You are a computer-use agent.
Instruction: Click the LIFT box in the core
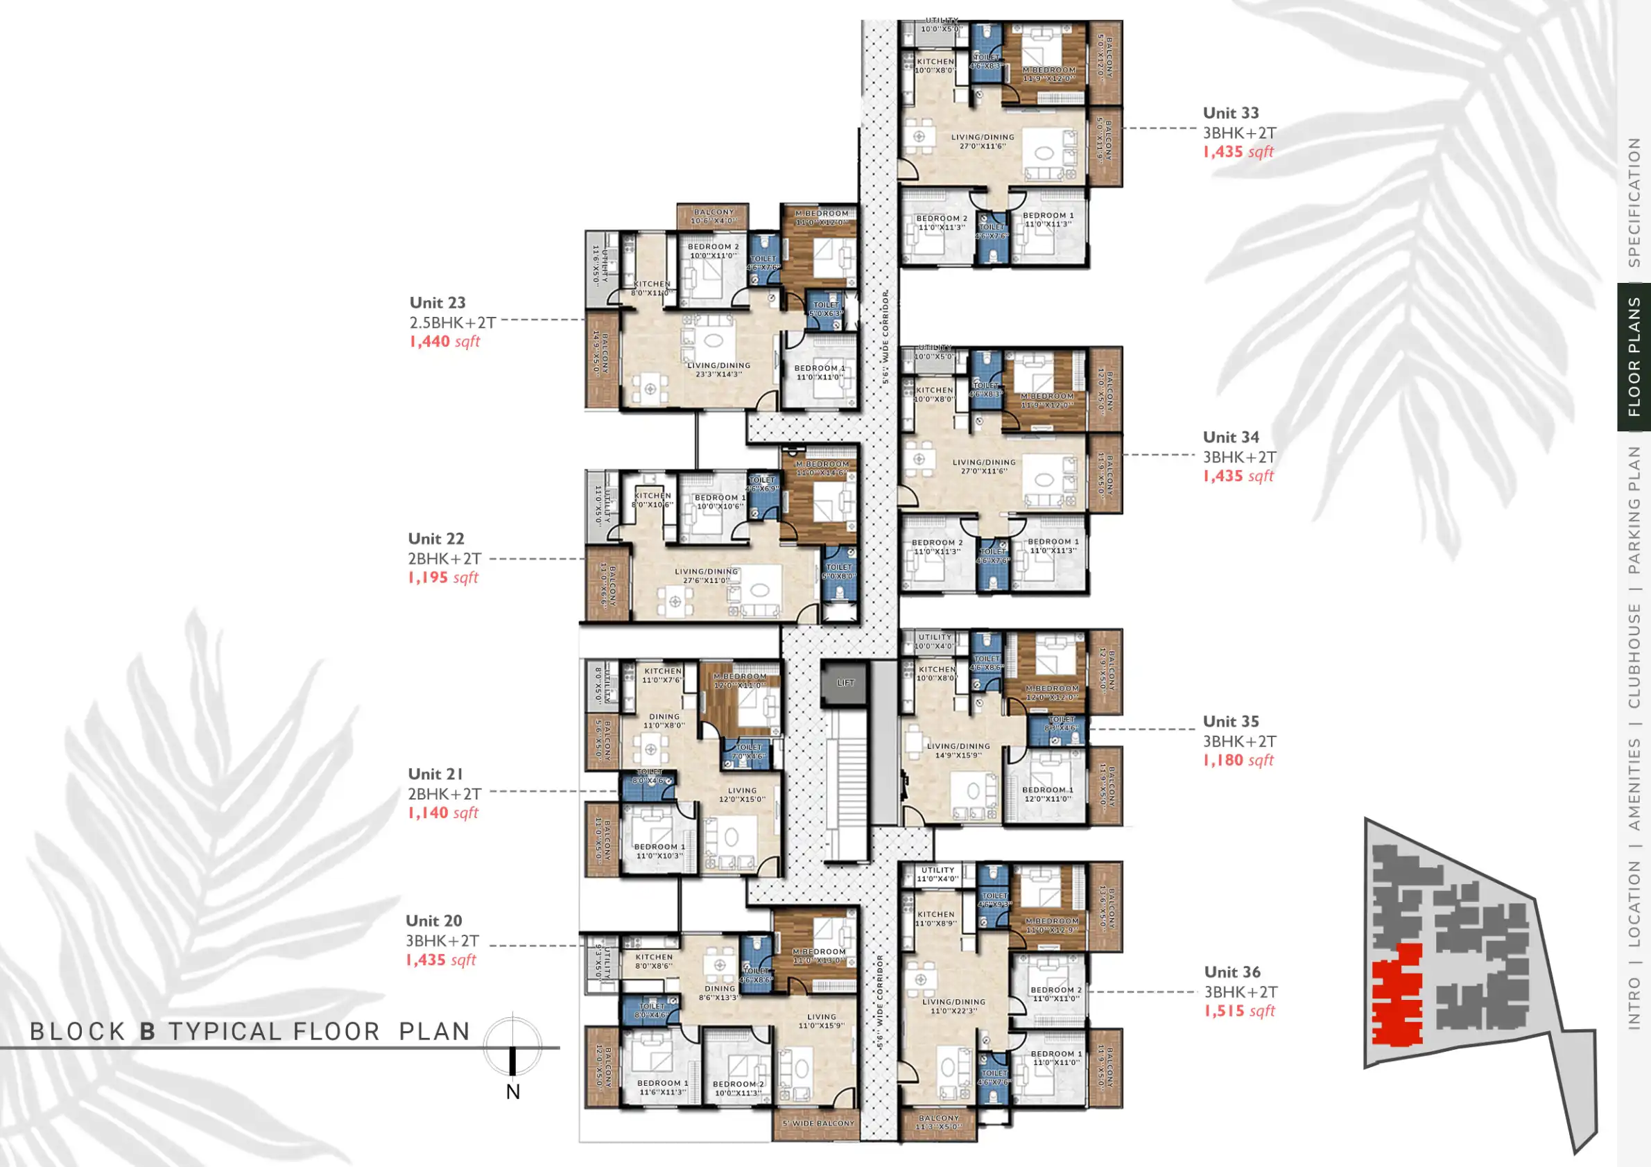click(846, 682)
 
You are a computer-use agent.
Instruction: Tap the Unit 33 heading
click(1230, 113)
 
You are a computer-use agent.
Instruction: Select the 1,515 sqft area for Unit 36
click(1239, 1010)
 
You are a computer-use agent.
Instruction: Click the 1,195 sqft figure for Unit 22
click(442, 578)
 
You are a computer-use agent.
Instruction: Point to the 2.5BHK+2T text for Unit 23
click(452, 322)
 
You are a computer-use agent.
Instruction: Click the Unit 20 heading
click(433, 920)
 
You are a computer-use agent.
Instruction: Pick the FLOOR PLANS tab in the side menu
click(1634, 357)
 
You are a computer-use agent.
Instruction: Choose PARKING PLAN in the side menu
click(1634, 509)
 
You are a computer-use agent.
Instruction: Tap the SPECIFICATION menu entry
click(1634, 202)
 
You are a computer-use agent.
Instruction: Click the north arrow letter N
click(512, 1091)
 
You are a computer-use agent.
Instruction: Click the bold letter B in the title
click(148, 1032)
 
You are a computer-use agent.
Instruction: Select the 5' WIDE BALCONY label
click(818, 1123)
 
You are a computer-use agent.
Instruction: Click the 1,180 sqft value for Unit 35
click(1238, 760)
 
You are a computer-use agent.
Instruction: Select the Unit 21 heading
click(435, 774)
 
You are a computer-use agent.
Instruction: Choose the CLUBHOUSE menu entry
click(1634, 655)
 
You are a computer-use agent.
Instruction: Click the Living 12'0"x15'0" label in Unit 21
click(742, 795)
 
